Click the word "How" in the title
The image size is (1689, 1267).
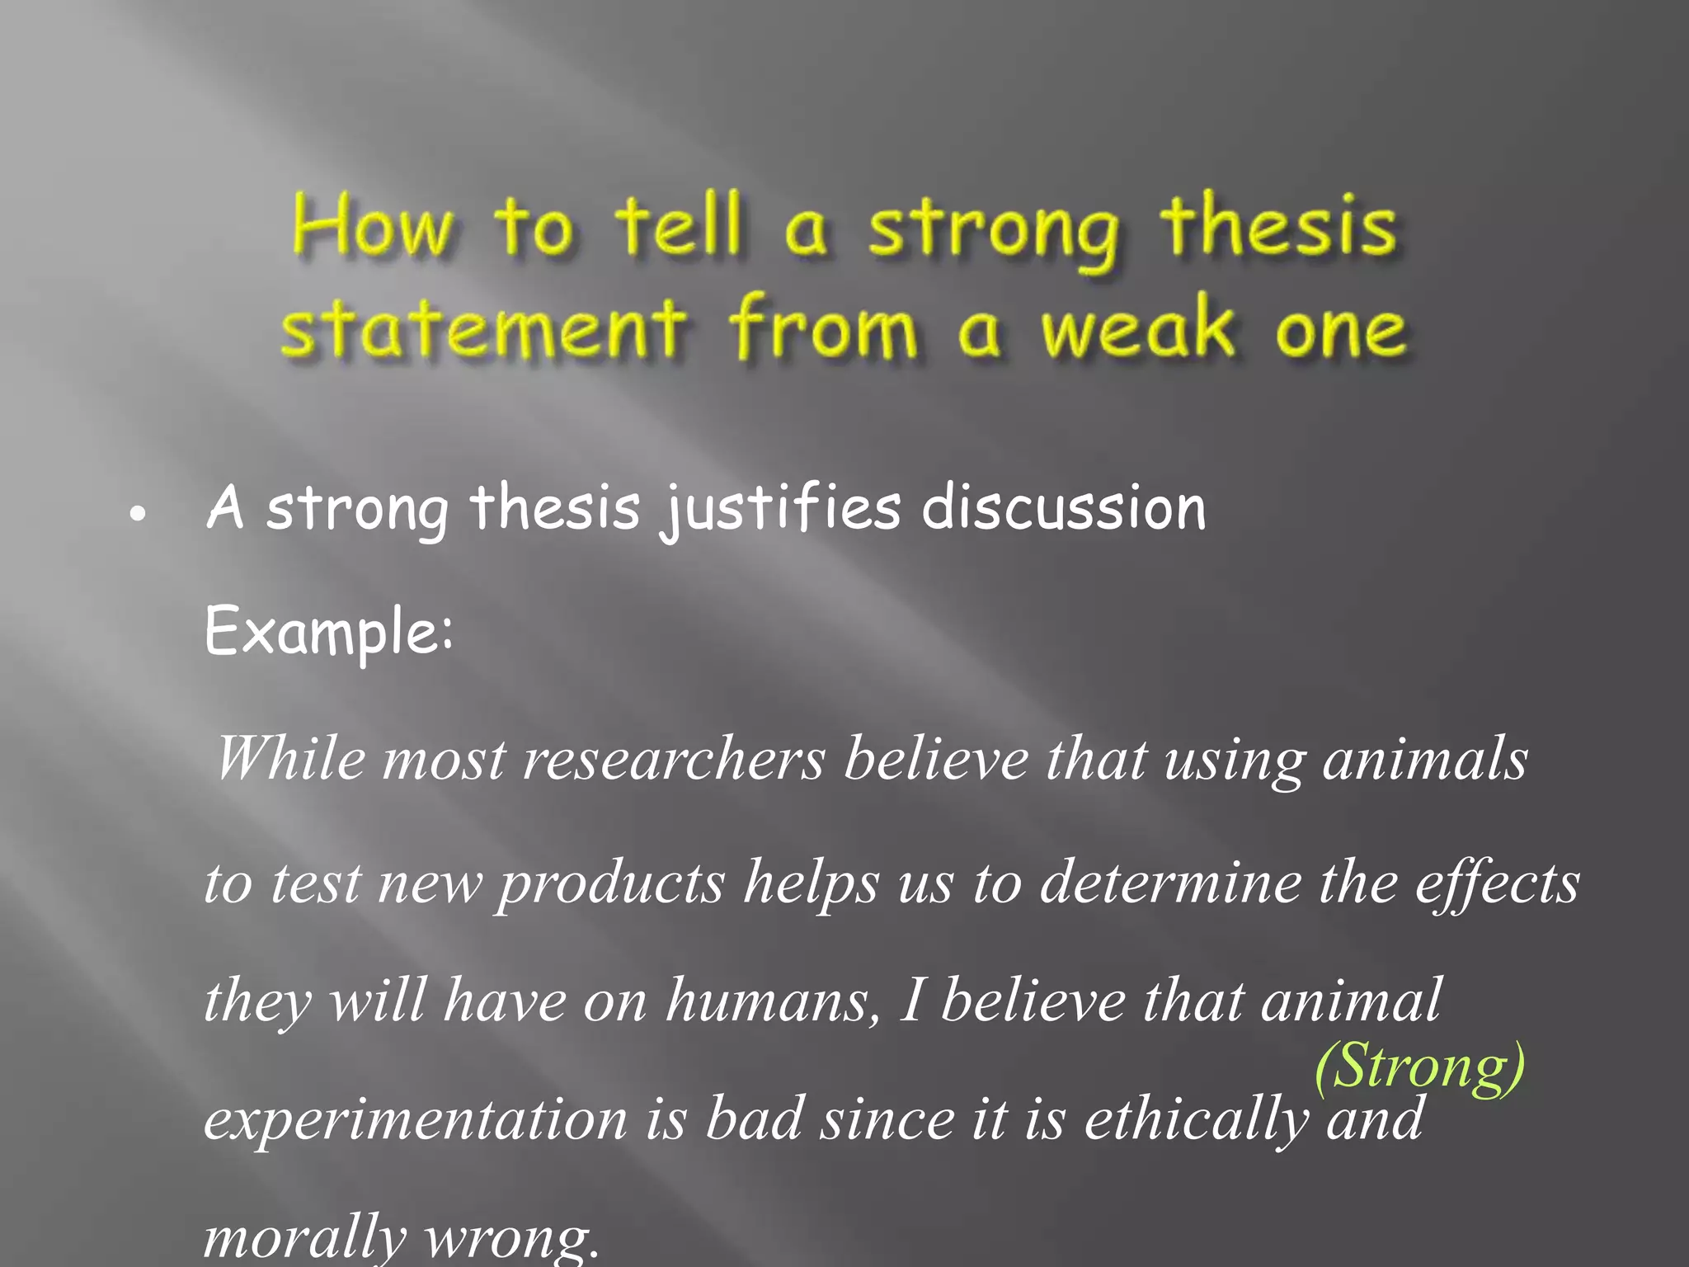[373, 226]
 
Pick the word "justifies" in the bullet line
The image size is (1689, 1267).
[779, 508]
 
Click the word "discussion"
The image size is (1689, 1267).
[1064, 508]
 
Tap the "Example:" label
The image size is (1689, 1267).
[328, 632]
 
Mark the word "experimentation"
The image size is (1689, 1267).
[416, 1120]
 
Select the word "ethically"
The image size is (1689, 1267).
[1196, 1120]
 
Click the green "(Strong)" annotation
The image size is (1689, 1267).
[1419, 1067]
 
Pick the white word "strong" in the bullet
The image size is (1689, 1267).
[357, 508]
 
